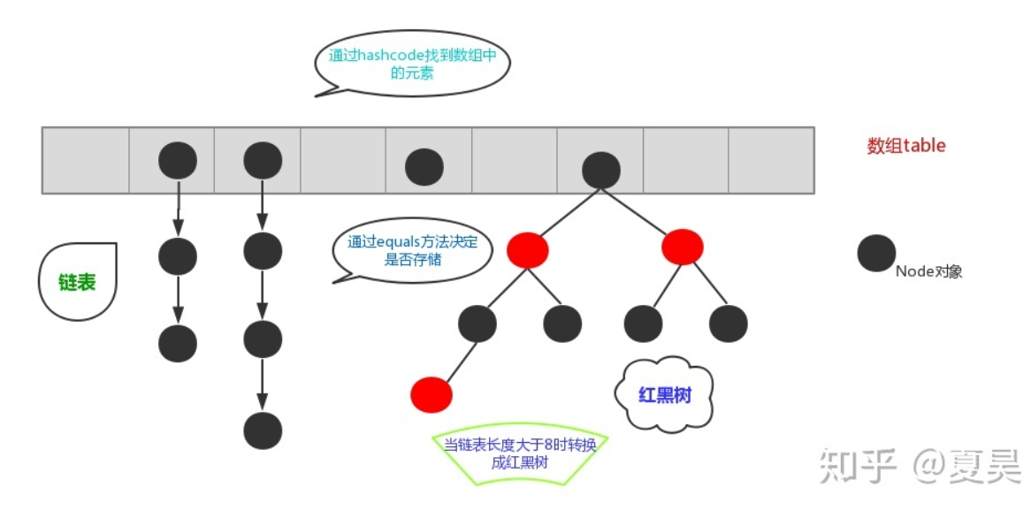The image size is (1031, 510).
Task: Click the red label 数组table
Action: coord(906,146)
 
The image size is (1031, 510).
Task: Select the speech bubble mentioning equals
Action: coord(412,253)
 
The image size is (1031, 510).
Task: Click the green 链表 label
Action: coord(78,282)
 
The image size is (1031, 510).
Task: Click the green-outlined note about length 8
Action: coord(519,455)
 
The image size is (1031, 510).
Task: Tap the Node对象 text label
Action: coord(929,271)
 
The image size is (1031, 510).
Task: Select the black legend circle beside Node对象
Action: coord(876,254)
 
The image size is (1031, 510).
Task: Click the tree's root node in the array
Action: coord(601,170)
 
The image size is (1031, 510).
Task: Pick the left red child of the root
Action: coord(527,249)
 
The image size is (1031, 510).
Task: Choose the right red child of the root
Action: coord(683,247)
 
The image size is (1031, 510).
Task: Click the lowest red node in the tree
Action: coord(431,394)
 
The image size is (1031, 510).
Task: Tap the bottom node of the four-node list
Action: coord(263,431)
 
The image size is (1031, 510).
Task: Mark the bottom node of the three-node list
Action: coord(178,343)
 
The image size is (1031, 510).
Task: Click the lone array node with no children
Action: coord(424,166)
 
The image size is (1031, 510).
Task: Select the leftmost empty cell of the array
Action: coord(86,160)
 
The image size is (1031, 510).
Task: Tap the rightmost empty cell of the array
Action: coord(771,160)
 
